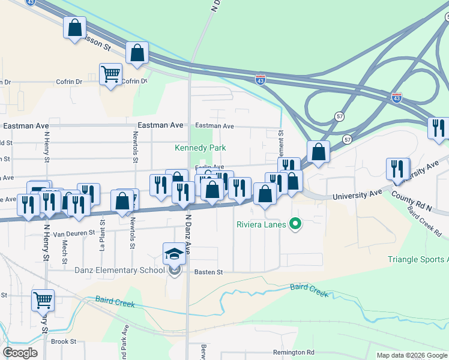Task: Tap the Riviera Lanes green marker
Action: point(295,225)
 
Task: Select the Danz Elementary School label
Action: point(119,270)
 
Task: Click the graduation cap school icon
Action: point(174,254)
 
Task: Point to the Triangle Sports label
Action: point(418,259)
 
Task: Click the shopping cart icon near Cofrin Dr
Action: point(110,74)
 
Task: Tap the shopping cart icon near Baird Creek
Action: point(43,300)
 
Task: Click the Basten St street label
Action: point(208,272)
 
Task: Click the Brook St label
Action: point(64,341)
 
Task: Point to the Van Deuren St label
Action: point(74,232)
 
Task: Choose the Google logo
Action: point(20,352)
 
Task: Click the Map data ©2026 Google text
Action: point(411,355)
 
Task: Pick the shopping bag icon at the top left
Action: point(74,28)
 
